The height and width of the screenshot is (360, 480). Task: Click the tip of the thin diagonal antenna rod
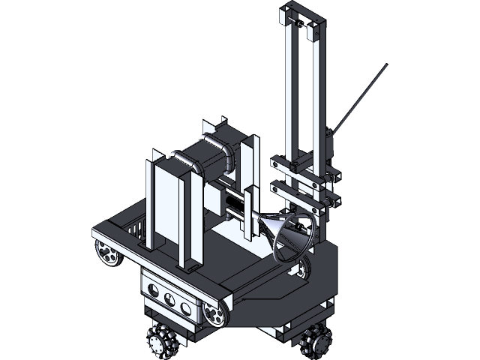(x=386, y=67)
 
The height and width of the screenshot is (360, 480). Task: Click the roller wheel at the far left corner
(x=106, y=254)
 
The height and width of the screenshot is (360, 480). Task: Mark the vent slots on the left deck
(x=135, y=226)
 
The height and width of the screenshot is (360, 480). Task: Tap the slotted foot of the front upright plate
(x=192, y=267)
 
